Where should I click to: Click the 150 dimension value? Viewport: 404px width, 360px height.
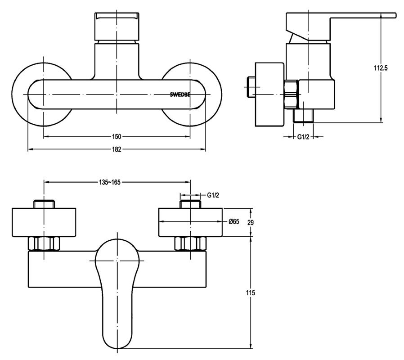[x=117, y=137]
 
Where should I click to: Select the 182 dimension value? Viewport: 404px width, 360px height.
[x=117, y=149]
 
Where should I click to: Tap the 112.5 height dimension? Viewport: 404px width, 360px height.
[x=381, y=68]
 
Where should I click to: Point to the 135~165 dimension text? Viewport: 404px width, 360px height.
[x=109, y=182]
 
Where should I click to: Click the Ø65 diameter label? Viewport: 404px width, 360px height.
[x=234, y=221]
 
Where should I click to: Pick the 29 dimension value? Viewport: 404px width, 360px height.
[x=251, y=222]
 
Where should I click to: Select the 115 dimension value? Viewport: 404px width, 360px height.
[x=251, y=293]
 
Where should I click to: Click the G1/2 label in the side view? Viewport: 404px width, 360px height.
[x=303, y=137]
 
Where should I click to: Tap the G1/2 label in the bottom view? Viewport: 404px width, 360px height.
[x=213, y=195]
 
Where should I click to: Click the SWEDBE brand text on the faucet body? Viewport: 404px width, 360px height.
[x=180, y=94]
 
